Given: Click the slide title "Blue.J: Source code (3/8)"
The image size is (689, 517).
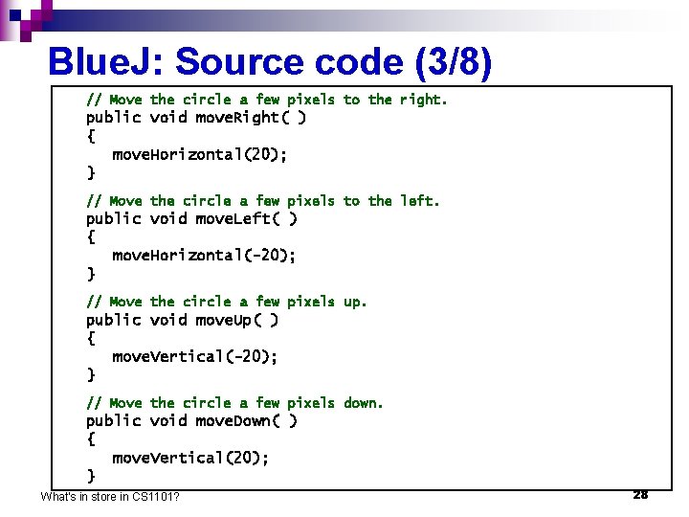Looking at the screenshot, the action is click(270, 62).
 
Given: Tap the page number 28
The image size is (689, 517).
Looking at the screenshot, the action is click(640, 494).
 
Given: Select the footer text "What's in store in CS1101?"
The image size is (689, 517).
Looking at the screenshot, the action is click(111, 496).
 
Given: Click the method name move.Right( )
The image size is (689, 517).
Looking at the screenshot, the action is click(251, 118).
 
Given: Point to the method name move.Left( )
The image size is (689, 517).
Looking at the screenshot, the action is click(246, 218).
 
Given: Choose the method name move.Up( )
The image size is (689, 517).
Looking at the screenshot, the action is click(236, 320).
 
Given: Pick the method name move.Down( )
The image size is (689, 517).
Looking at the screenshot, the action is click(246, 421).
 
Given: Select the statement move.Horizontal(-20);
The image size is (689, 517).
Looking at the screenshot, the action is click(204, 255).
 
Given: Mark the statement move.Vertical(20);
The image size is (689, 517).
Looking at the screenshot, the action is click(190, 458).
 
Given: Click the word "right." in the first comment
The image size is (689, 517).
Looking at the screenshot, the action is click(423, 100).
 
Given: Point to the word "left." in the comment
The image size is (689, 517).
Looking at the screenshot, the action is click(419, 201).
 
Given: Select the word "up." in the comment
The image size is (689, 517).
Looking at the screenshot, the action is click(355, 302).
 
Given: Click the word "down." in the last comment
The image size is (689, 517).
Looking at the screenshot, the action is click(364, 403).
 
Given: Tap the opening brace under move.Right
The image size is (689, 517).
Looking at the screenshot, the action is click(91, 136).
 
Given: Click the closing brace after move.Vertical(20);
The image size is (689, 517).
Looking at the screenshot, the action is click(91, 476).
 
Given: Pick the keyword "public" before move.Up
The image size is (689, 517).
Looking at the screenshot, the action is click(113, 320).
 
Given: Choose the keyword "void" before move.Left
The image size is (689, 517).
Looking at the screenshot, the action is click(167, 218).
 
